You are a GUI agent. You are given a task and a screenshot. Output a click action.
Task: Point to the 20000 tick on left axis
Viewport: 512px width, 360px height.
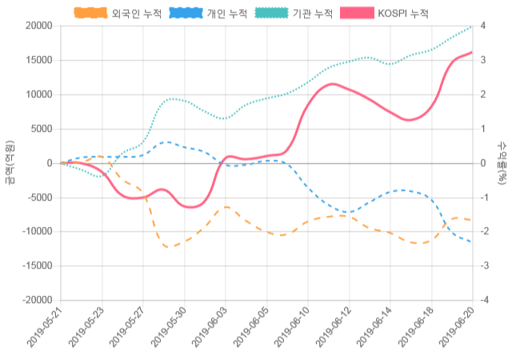[x=39, y=26]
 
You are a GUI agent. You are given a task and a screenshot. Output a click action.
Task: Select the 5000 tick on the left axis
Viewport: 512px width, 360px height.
[x=42, y=129]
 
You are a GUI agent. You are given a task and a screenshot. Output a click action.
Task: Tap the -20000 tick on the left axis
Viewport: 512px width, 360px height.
[x=37, y=300]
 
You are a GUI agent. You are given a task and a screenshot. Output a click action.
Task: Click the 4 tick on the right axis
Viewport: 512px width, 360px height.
[x=482, y=26]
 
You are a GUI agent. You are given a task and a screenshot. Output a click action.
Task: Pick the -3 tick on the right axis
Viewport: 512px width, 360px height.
[x=483, y=266]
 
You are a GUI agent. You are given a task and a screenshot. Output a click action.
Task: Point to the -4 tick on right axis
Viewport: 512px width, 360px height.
[x=483, y=300]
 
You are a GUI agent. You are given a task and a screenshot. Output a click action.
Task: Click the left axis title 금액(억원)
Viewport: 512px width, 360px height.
[x=10, y=162]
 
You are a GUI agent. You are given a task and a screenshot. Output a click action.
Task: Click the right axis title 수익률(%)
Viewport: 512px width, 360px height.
[x=502, y=162]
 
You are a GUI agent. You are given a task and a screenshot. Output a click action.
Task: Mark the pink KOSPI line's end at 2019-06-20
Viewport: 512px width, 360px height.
[x=472, y=52]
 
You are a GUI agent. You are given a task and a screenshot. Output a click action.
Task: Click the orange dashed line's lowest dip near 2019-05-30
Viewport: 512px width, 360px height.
[x=169, y=247]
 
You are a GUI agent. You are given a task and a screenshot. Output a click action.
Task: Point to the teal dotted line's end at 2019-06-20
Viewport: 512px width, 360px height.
[x=472, y=26]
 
